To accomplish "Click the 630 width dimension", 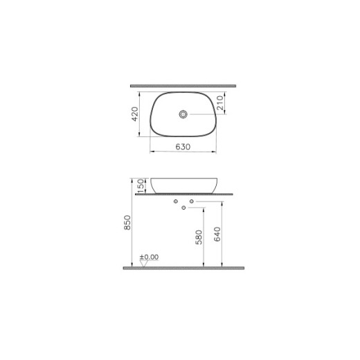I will point(183,146).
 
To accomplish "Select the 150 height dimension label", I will point(141,185).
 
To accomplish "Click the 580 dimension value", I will point(199,238).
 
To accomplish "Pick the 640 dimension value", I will point(218,234).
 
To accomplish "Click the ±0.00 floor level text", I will point(150,257).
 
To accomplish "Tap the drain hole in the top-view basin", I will point(183,113).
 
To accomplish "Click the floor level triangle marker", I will point(142,262).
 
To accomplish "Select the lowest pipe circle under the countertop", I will point(183,208).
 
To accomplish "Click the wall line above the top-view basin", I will point(183,86).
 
